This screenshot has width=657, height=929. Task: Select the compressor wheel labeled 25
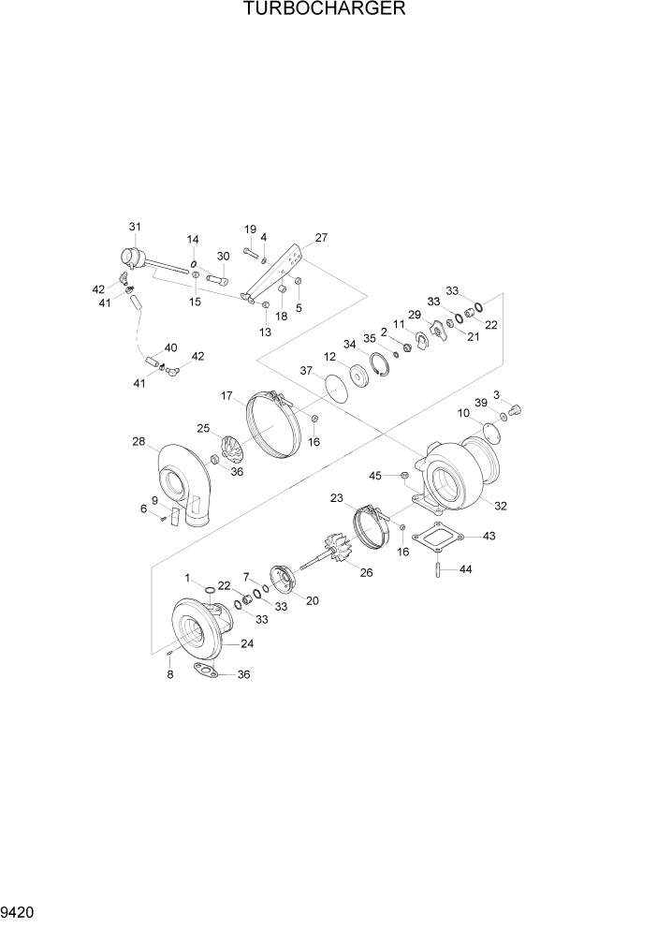(234, 446)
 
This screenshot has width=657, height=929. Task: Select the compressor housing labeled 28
(182, 483)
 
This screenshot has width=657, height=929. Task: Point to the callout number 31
(135, 227)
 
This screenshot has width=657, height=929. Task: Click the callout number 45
(375, 475)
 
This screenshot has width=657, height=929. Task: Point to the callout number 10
(463, 413)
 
